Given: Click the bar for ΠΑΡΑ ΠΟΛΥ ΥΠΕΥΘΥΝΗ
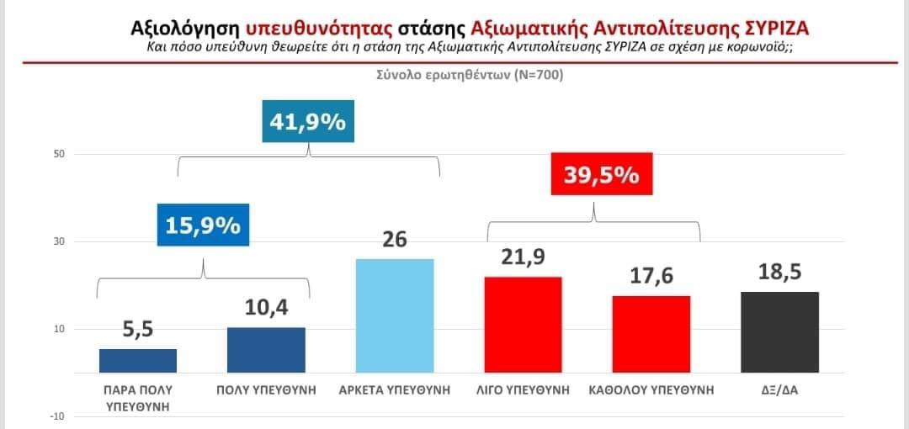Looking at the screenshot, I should point(138,361).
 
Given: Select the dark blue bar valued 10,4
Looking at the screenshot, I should point(266,350).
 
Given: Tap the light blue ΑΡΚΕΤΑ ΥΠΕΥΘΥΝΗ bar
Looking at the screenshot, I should point(395,315).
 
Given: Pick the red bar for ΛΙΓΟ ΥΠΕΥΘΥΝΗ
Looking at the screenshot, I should point(523,325).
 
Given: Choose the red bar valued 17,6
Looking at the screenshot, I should point(651,334).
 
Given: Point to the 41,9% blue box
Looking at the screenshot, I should point(307,123).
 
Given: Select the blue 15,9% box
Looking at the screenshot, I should point(202,226).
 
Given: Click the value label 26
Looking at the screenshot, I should point(394,240).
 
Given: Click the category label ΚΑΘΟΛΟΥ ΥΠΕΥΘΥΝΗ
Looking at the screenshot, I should point(651,390).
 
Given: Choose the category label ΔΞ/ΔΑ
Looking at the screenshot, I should point(779,390).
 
